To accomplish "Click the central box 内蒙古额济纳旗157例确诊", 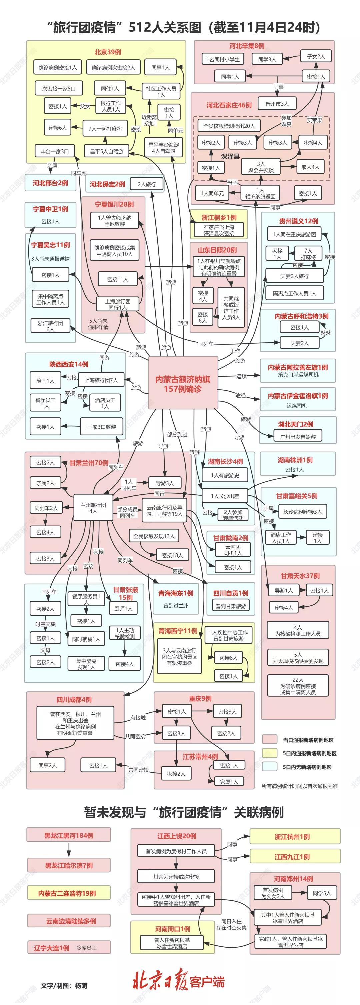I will (183, 383).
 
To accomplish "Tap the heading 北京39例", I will (107, 52).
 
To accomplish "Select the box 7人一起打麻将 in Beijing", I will (105, 128).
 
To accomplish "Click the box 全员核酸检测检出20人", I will (229, 126).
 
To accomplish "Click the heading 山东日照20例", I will (217, 250).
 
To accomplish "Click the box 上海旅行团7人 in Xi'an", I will (101, 380).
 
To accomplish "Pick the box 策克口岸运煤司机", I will (298, 375).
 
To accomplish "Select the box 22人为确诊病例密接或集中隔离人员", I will (298, 686).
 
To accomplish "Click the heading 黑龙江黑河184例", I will (69, 835).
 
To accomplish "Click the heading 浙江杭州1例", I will (292, 837).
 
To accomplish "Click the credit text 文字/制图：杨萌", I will (64, 986).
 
